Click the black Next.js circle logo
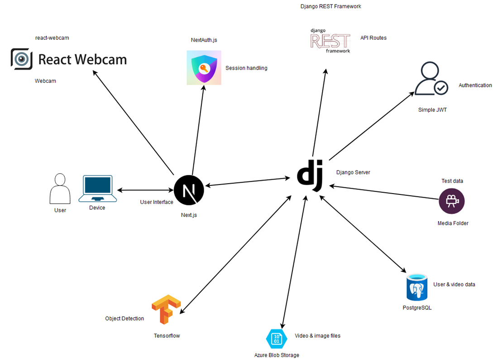(x=189, y=190)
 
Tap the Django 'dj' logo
(x=310, y=176)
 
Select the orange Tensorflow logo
(x=166, y=309)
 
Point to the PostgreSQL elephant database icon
(x=417, y=288)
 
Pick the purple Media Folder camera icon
(x=452, y=201)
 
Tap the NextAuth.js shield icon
(x=204, y=68)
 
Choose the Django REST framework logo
(x=330, y=41)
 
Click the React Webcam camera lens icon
(x=21, y=59)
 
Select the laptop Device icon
(x=97, y=189)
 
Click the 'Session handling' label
(x=246, y=68)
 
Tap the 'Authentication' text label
(x=475, y=85)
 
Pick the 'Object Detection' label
(x=124, y=319)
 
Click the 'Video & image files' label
(x=317, y=336)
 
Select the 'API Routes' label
(x=373, y=38)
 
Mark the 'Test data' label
(x=452, y=181)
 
